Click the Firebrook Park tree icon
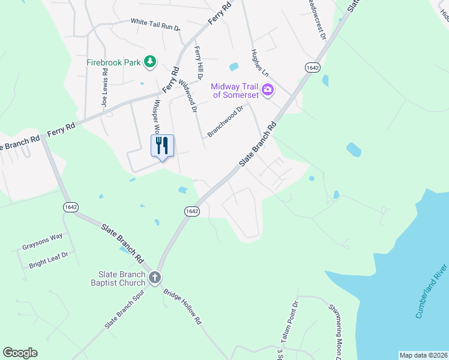click(x=149, y=61)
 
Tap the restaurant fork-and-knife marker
click(x=162, y=146)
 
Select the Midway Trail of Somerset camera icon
click(x=268, y=91)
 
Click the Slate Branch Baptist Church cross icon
click(x=155, y=278)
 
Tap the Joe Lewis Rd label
click(x=106, y=92)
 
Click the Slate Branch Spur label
click(x=125, y=313)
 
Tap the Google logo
click(x=20, y=353)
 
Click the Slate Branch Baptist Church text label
click(x=118, y=278)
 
